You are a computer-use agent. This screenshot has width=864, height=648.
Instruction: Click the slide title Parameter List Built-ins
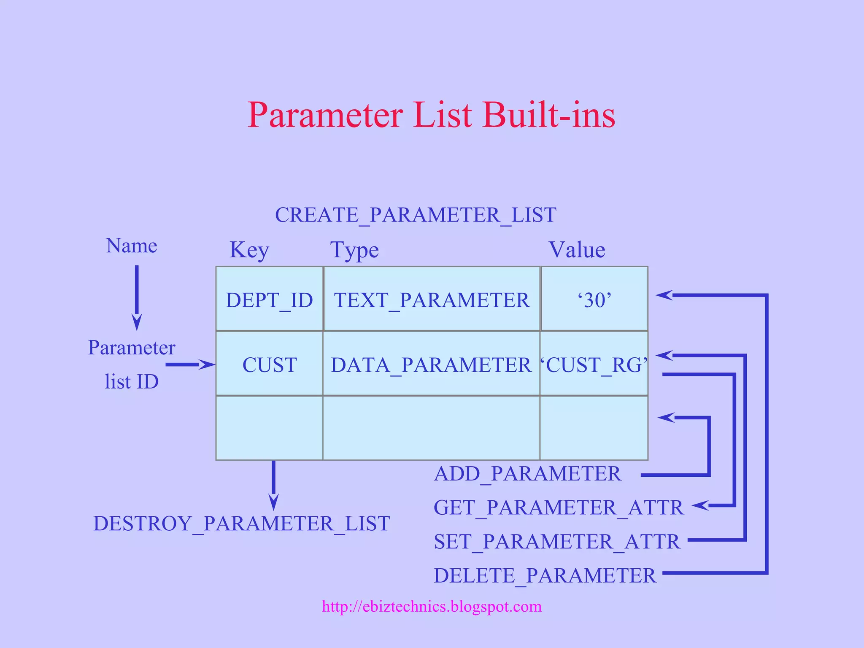(431, 115)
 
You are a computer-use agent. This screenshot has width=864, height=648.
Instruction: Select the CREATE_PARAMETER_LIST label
(416, 215)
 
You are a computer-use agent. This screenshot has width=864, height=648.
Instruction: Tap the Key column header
(249, 250)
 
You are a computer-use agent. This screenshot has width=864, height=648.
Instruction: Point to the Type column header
(354, 250)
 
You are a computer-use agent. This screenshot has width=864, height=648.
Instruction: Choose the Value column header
(577, 250)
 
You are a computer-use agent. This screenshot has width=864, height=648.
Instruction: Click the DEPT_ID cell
(270, 300)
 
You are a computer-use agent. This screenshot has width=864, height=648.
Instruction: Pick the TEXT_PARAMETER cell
(432, 300)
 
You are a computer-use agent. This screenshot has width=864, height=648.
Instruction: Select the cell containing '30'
(594, 300)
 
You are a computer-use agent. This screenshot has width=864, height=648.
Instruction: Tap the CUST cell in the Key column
(270, 365)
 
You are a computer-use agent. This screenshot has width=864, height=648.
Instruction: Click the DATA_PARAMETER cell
(431, 365)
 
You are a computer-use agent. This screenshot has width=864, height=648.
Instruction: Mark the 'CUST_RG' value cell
(594, 365)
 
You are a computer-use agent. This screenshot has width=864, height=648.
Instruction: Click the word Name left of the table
(132, 246)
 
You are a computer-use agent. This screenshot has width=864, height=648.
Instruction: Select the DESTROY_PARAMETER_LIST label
(241, 524)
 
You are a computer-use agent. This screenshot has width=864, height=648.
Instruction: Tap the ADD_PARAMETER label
(527, 474)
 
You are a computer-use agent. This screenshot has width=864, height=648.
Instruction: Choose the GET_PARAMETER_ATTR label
(559, 508)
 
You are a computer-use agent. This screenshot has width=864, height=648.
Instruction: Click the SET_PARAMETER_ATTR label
(557, 542)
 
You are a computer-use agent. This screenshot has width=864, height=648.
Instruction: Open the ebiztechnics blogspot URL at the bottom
(432, 606)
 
